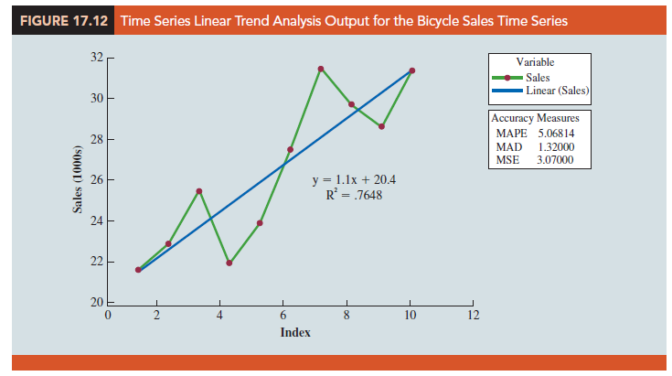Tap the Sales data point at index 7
click(321, 69)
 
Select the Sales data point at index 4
click(229, 263)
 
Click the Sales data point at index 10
click(412, 70)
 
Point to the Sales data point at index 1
click(138, 270)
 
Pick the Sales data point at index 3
click(198, 190)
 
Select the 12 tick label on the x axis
click(472, 316)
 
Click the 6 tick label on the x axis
click(283, 316)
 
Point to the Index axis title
click(295, 332)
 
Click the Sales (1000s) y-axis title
click(76, 179)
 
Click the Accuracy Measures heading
click(535, 119)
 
